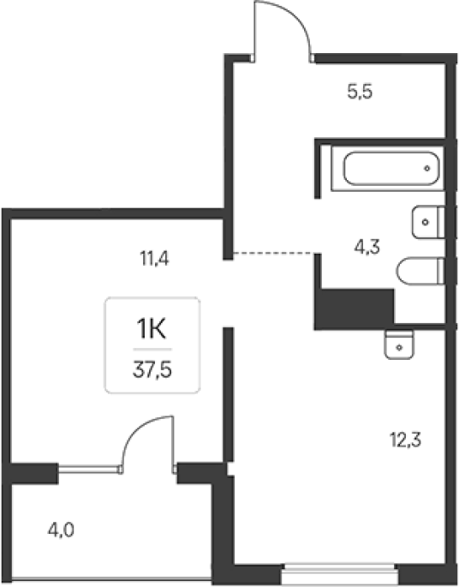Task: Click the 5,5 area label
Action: [x=360, y=92]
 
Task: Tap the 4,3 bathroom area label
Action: [x=367, y=247]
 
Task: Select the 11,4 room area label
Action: [x=154, y=258]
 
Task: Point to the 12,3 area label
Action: [x=406, y=440]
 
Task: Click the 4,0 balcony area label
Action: [x=61, y=530]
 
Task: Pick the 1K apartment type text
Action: [x=151, y=328]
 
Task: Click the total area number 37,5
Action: [x=152, y=370]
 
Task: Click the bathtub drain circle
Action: [x=427, y=169]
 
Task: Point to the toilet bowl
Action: [x=417, y=271]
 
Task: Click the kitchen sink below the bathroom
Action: [x=399, y=344]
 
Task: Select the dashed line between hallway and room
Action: [x=273, y=254]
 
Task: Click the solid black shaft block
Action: [x=354, y=309]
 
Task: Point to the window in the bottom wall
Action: [x=339, y=573]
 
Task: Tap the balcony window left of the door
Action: [x=89, y=470]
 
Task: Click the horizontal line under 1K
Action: [x=152, y=350]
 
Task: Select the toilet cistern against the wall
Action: [x=441, y=271]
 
